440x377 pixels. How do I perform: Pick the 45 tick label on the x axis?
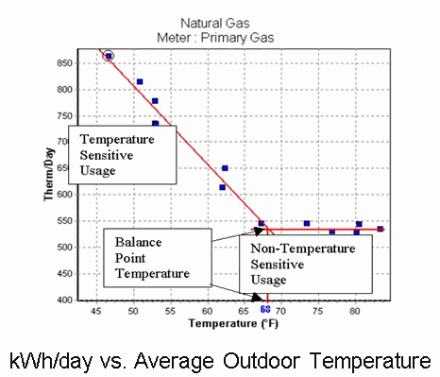pyautogui.click(x=95, y=310)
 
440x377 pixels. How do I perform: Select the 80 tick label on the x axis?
pyautogui.click(x=355, y=310)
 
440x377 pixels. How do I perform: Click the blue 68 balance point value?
pyautogui.click(x=266, y=310)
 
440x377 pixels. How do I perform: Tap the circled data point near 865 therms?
pyautogui.click(x=109, y=56)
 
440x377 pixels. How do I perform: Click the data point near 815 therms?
pyautogui.click(x=140, y=82)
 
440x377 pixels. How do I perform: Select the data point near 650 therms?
pyautogui.click(x=225, y=168)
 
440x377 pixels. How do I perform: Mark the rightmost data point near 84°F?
pyautogui.click(x=381, y=229)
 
